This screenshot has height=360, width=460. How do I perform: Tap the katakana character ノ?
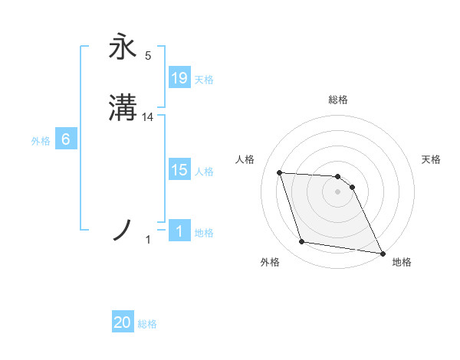click(123, 230)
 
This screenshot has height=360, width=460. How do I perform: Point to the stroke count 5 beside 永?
click(148, 55)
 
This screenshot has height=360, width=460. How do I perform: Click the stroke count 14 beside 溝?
click(148, 117)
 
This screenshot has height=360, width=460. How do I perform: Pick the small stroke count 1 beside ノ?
click(148, 241)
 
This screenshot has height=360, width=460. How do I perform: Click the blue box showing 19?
click(179, 77)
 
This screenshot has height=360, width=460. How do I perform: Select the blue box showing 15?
click(179, 170)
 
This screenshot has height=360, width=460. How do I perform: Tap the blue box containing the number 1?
click(179, 231)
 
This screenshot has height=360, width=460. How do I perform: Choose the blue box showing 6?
click(66, 139)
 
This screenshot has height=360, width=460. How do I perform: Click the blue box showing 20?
click(123, 322)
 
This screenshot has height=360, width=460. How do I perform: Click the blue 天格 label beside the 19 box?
click(204, 79)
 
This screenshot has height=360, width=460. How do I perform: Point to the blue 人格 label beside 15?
click(204, 172)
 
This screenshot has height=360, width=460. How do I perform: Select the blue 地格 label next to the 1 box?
click(204, 232)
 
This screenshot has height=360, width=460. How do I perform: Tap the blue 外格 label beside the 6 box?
click(41, 141)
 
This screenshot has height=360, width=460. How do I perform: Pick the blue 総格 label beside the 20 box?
click(147, 324)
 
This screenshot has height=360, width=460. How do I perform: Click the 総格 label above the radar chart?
click(338, 100)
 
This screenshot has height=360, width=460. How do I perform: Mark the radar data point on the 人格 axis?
click(280, 172)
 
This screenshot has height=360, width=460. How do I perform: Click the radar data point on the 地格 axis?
click(381, 252)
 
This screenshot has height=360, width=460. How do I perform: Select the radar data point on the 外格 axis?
click(302, 242)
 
